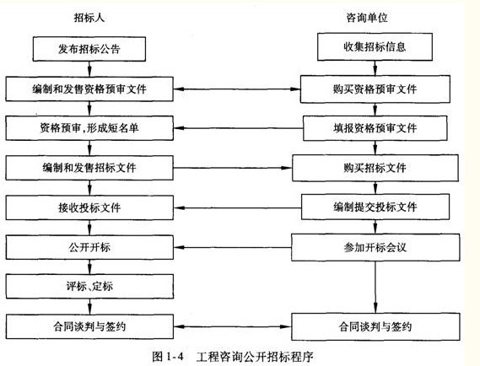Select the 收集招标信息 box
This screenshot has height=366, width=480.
pos(375,46)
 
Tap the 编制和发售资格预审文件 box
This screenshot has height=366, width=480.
pos(92,88)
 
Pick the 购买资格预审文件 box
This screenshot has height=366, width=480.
pos(375,88)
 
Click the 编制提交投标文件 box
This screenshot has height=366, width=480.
pos(375,207)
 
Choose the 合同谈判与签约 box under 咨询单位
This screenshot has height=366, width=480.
pos(375,326)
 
